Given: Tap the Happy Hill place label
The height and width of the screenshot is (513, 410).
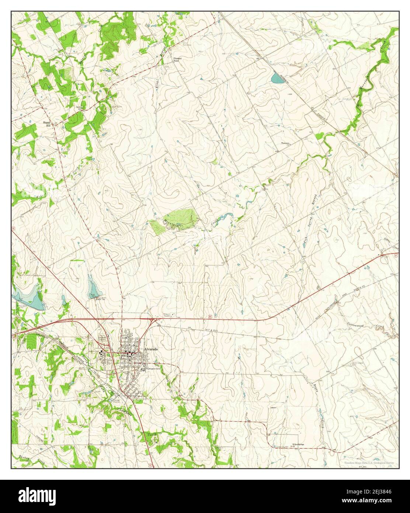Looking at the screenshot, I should point(46,123).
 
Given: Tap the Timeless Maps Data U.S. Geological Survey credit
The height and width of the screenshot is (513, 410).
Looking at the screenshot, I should point(369,462).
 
